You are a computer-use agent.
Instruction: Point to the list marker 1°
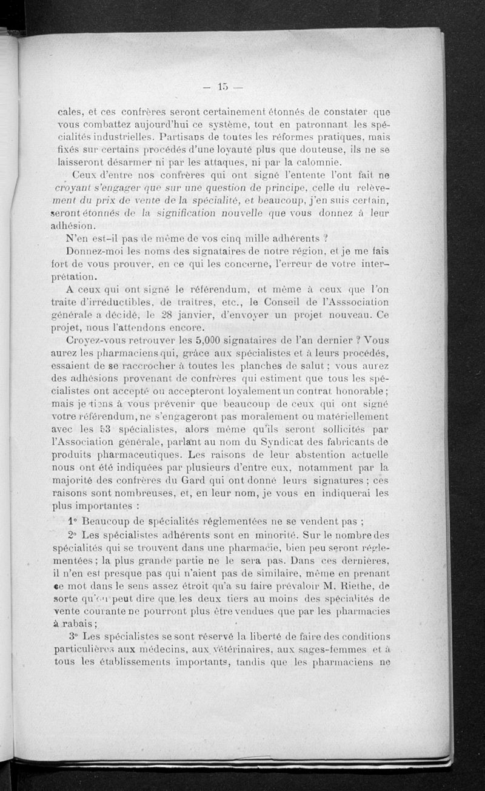(74, 520)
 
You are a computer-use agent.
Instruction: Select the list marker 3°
(74, 636)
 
